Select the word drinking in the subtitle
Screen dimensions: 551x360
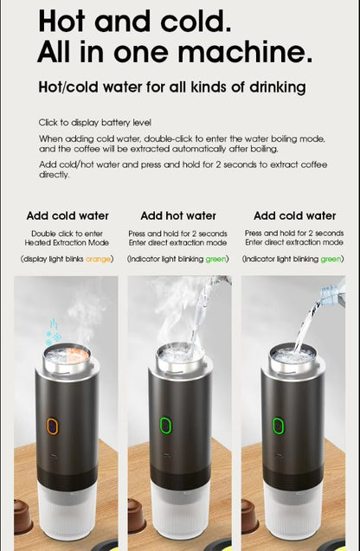click(x=275, y=87)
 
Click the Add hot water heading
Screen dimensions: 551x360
click(x=178, y=215)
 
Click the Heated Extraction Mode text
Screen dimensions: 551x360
click(x=67, y=243)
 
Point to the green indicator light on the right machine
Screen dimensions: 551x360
click(x=279, y=426)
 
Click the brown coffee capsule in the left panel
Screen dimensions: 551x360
click(x=23, y=516)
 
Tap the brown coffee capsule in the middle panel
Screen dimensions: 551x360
click(x=137, y=516)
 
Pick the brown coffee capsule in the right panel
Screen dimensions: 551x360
click(x=250, y=516)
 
